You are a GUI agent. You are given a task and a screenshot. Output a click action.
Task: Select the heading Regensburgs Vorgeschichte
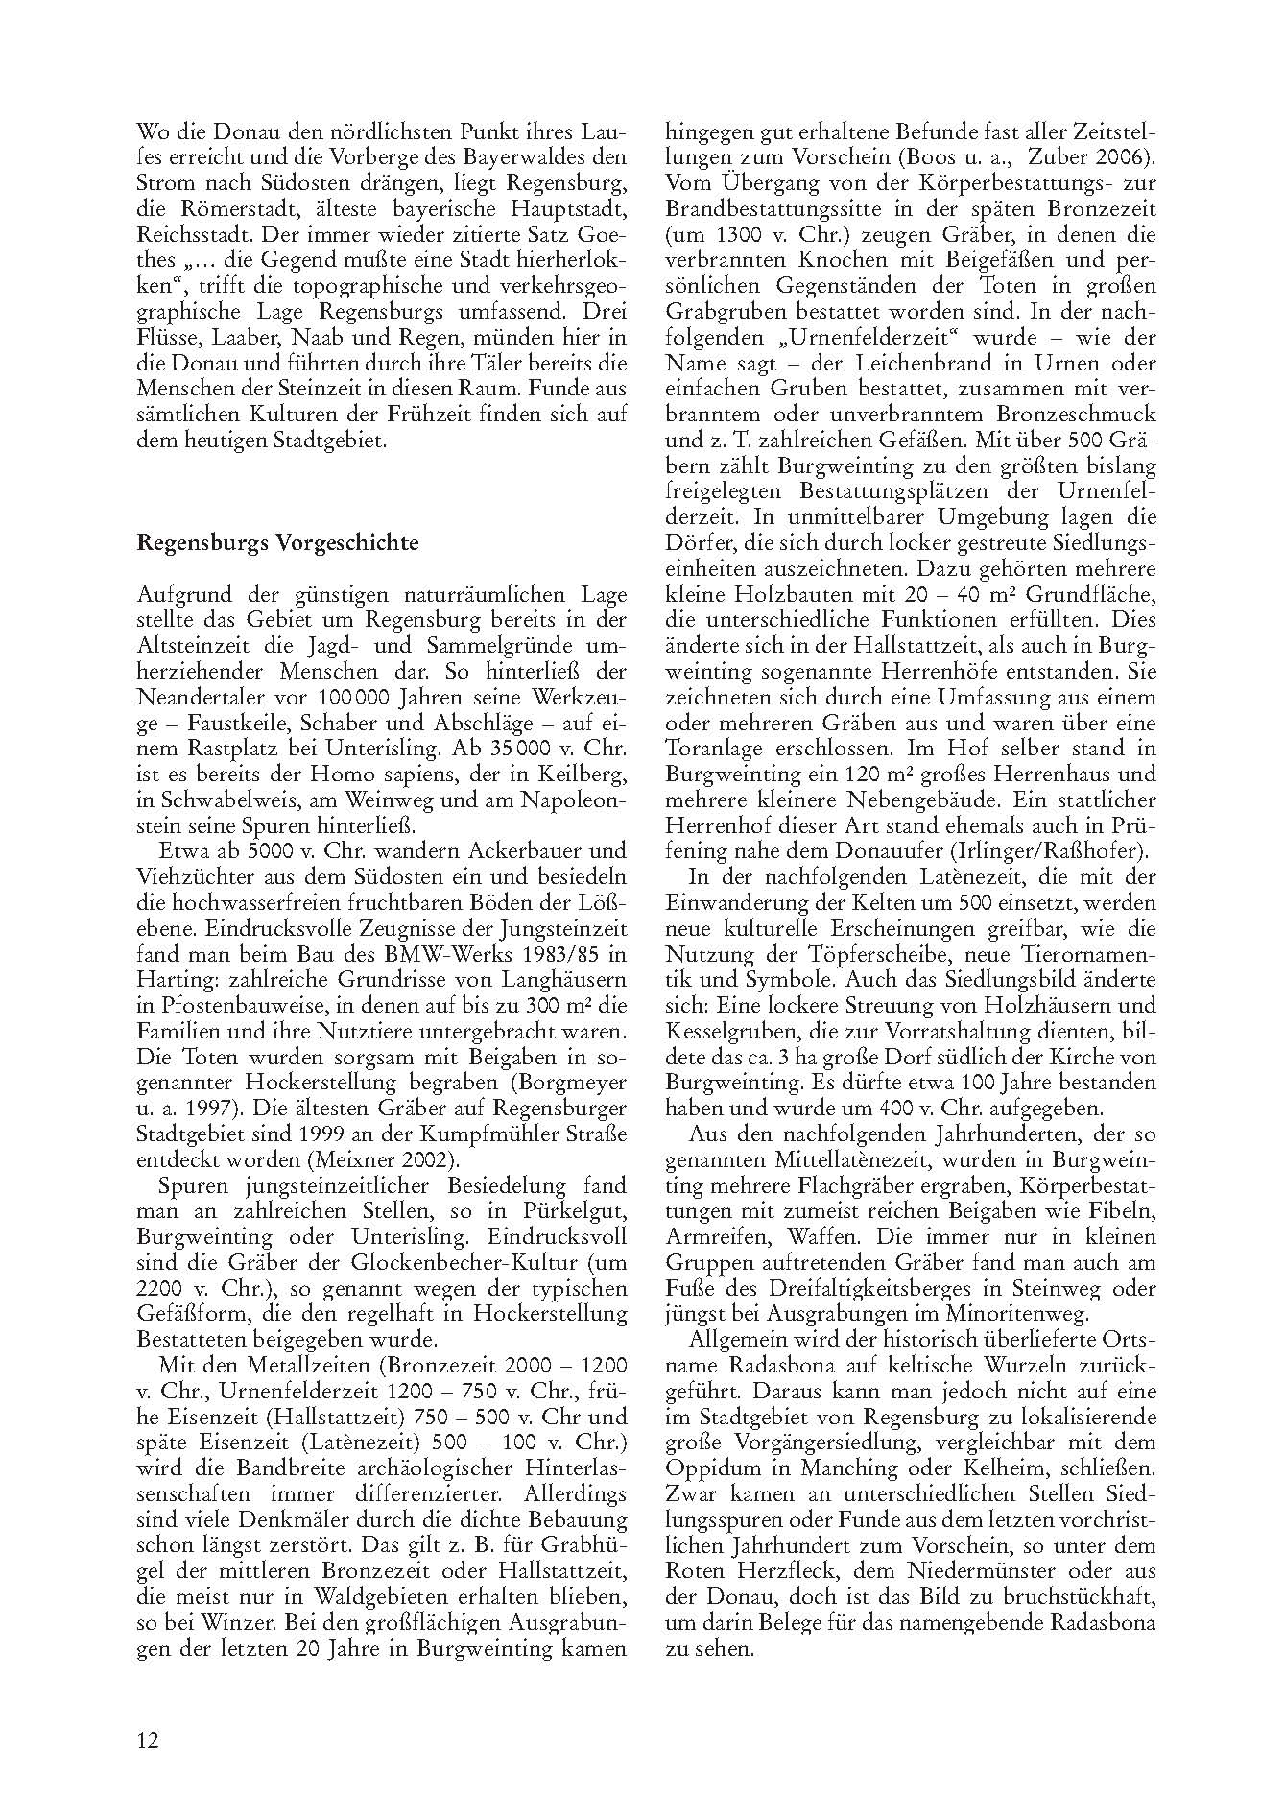coord(278,542)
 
